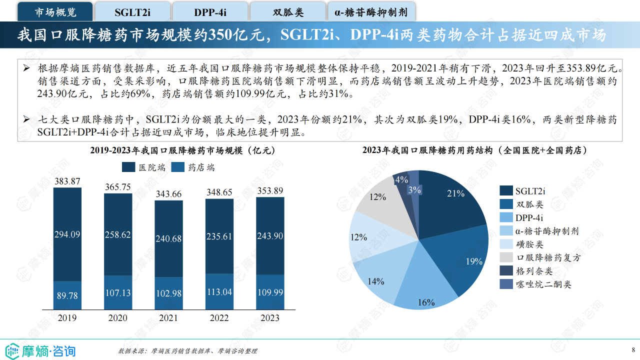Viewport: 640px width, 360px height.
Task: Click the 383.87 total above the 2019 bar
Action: coord(67,181)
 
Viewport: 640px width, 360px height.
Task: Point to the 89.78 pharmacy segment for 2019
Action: coord(67,295)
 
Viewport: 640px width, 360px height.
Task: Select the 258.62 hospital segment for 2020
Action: coord(118,234)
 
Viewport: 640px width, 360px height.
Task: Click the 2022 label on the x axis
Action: coord(219,318)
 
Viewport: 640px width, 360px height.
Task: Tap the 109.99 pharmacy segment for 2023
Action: coord(270,292)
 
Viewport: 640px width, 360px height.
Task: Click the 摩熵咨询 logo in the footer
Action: coord(40,350)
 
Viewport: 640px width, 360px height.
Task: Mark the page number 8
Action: coord(633,349)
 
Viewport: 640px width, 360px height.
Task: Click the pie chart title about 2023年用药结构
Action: coord(474,150)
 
